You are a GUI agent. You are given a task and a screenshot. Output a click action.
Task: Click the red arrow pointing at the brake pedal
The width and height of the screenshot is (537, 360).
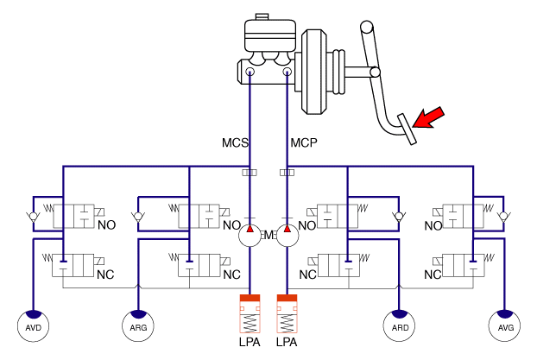pyautogui.click(x=429, y=117)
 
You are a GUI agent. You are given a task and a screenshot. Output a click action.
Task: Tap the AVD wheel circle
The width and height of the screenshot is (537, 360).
pyautogui.click(x=33, y=326)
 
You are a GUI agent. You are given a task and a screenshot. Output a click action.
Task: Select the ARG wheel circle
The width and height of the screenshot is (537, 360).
pyautogui.click(x=138, y=326)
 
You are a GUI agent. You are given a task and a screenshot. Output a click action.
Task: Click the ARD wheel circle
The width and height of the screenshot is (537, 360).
pyautogui.click(x=399, y=326)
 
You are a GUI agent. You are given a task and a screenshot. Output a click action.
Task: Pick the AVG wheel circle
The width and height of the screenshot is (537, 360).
pyautogui.click(x=504, y=326)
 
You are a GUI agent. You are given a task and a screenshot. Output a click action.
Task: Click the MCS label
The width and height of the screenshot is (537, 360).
pyautogui.click(x=235, y=142)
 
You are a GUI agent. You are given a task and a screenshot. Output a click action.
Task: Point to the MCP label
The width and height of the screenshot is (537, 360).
pyautogui.click(x=304, y=142)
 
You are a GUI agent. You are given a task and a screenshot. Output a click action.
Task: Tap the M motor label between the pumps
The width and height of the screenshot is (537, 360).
pyautogui.click(x=268, y=236)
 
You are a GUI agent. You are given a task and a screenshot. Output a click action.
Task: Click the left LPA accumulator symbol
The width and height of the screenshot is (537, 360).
pyautogui.click(x=250, y=313)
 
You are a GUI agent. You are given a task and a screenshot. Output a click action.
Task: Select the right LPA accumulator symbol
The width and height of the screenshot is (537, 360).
pyautogui.click(x=287, y=313)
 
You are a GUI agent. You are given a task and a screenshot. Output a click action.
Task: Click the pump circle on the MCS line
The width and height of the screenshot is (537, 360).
pyautogui.click(x=250, y=236)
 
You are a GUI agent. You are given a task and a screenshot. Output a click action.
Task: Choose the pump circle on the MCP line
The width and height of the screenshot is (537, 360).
pyautogui.click(x=287, y=236)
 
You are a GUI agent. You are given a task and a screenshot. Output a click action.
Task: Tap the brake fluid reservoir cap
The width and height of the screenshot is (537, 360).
pyautogui.click(x=262, y=16)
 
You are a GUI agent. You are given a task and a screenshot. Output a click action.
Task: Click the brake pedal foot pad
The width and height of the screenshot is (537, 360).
pyautogui.click(x=407, y=129)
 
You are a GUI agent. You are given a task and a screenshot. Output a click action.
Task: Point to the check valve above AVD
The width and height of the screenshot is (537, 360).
pyautogui.click(x=33, y=217)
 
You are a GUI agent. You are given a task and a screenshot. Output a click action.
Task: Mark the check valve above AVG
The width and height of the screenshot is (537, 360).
pyautogui.click(x=504, y=217)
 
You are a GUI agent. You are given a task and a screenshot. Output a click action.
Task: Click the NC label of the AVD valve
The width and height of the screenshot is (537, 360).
pyautogui.click(x=105, y=275)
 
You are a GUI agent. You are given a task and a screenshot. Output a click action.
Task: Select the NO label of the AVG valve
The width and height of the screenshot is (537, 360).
pyautogui.click(x=433, y=226)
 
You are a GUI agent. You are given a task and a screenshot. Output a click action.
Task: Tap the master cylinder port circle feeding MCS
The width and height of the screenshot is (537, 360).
pyautogui.click(x=250, y=72)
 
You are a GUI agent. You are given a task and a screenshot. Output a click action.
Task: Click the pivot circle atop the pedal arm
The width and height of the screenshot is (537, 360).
pyautogui.click(x=366, y=27)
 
